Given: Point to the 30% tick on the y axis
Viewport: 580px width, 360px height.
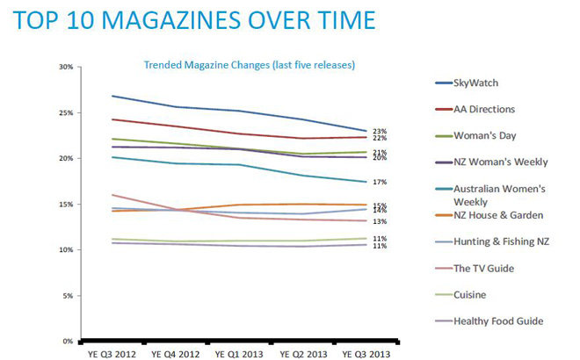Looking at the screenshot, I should [x=66, y=67].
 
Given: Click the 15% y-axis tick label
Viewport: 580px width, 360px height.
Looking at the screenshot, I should [x=66, y=204].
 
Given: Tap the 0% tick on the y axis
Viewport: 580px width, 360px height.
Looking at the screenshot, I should [x=68, y=341].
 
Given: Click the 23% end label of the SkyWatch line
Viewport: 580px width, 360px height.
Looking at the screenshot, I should [x=380, y=131].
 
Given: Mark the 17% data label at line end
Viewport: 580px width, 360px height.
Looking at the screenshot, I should [x=380, y=183].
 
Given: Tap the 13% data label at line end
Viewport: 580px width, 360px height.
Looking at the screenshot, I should [x=380, y=221].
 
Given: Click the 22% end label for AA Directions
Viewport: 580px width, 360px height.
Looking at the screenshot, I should [x=380, y=139].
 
